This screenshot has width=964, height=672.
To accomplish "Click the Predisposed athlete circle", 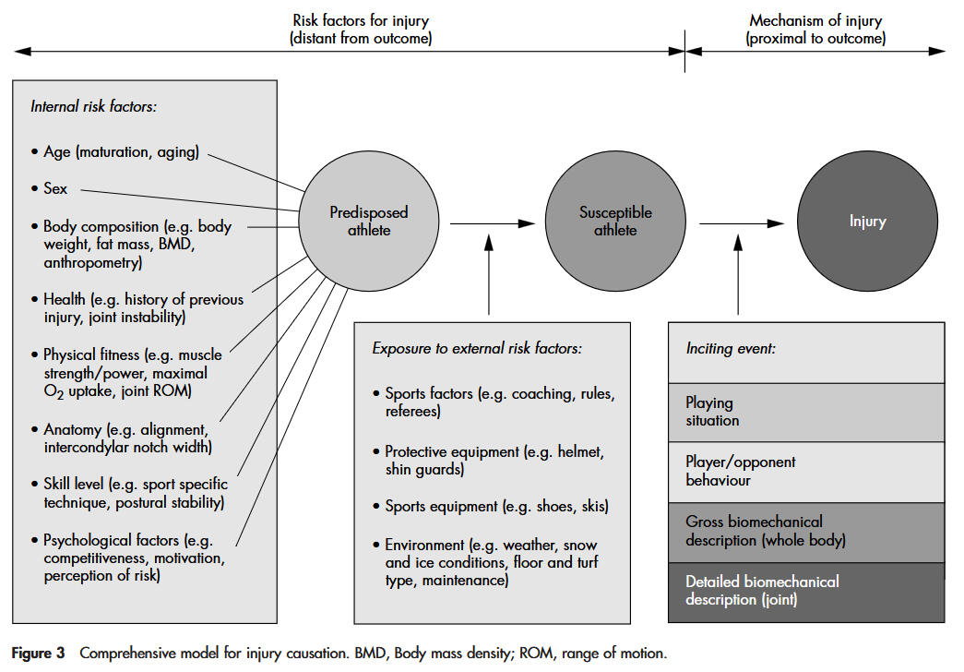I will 369,222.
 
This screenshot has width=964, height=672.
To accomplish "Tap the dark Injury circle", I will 867,222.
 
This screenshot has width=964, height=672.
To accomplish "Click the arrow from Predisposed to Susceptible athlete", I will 493,222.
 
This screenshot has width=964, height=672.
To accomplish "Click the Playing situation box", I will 805,412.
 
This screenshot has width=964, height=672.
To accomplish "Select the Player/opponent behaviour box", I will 805,471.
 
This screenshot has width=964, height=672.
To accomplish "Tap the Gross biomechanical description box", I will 805,532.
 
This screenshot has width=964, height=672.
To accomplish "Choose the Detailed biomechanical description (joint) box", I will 805,591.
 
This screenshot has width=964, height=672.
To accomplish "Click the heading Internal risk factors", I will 94,106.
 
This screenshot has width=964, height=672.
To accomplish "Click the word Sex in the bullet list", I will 55,188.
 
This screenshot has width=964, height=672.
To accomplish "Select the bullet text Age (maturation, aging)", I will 121,152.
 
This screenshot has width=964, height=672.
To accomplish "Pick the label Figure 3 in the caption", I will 38,654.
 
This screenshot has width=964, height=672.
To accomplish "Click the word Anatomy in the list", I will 73,430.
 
